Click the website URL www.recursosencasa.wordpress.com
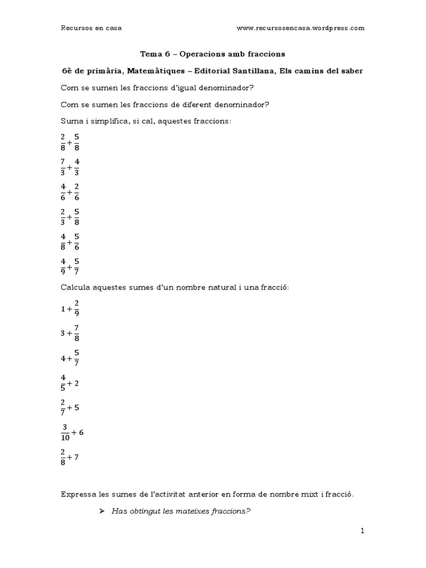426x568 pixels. point(300,28)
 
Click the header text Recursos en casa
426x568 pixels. point(91,28)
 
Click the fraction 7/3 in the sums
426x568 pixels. point(63,166)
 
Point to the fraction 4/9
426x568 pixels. point(63,266)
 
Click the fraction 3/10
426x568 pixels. point(65,432)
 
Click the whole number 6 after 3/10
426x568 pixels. point(82,432)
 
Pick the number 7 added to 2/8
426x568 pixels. point(77,457)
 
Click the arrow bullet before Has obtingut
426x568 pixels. point(102,511)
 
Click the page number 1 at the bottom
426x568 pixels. point(362,531)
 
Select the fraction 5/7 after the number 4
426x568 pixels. point(76,359)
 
